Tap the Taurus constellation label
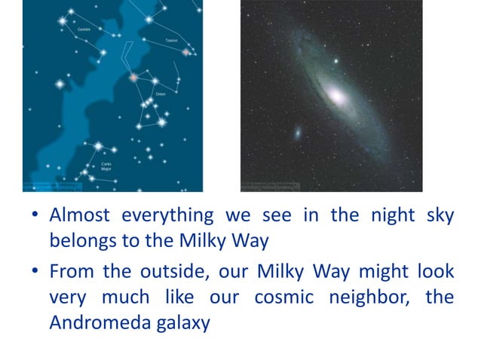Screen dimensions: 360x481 pyautogui.click(x=171, y=40)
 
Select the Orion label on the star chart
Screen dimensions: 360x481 pyautogui.click(x=160, y=93)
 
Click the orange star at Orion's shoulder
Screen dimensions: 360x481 pyautogui.click(x=133, y=77)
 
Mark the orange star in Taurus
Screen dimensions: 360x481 pyautogui.click(x=185, y=52)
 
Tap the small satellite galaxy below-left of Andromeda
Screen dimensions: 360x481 pyautogui.click(x=298, y=133)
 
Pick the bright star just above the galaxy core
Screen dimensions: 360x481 pyautogui.click(x=335, y=60)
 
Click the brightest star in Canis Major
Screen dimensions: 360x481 pyautogui.click(x=97, y=146)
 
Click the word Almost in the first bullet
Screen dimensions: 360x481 pyautogui.click(x=80, y=215)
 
